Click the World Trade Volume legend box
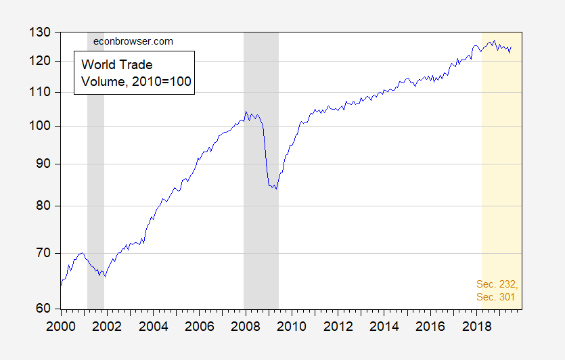(134, 73)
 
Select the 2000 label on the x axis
(61, 325)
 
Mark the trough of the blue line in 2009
(275, 188)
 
